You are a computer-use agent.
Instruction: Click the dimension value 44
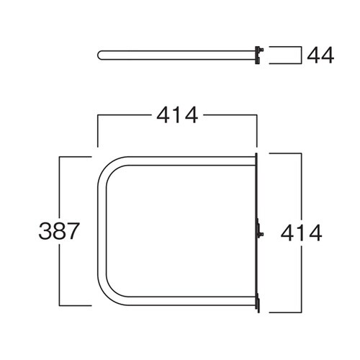(320, 55)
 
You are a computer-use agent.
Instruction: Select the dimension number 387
(59, 231)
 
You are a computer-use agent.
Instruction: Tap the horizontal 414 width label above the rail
(177, 115)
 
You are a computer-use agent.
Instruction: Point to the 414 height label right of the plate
(301, 233)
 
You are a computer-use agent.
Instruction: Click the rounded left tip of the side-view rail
(99, 55)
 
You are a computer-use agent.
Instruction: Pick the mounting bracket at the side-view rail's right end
(259, 55)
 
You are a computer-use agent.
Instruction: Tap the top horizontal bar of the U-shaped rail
(192, 161)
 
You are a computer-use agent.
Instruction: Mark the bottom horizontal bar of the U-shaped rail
(192, 301)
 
